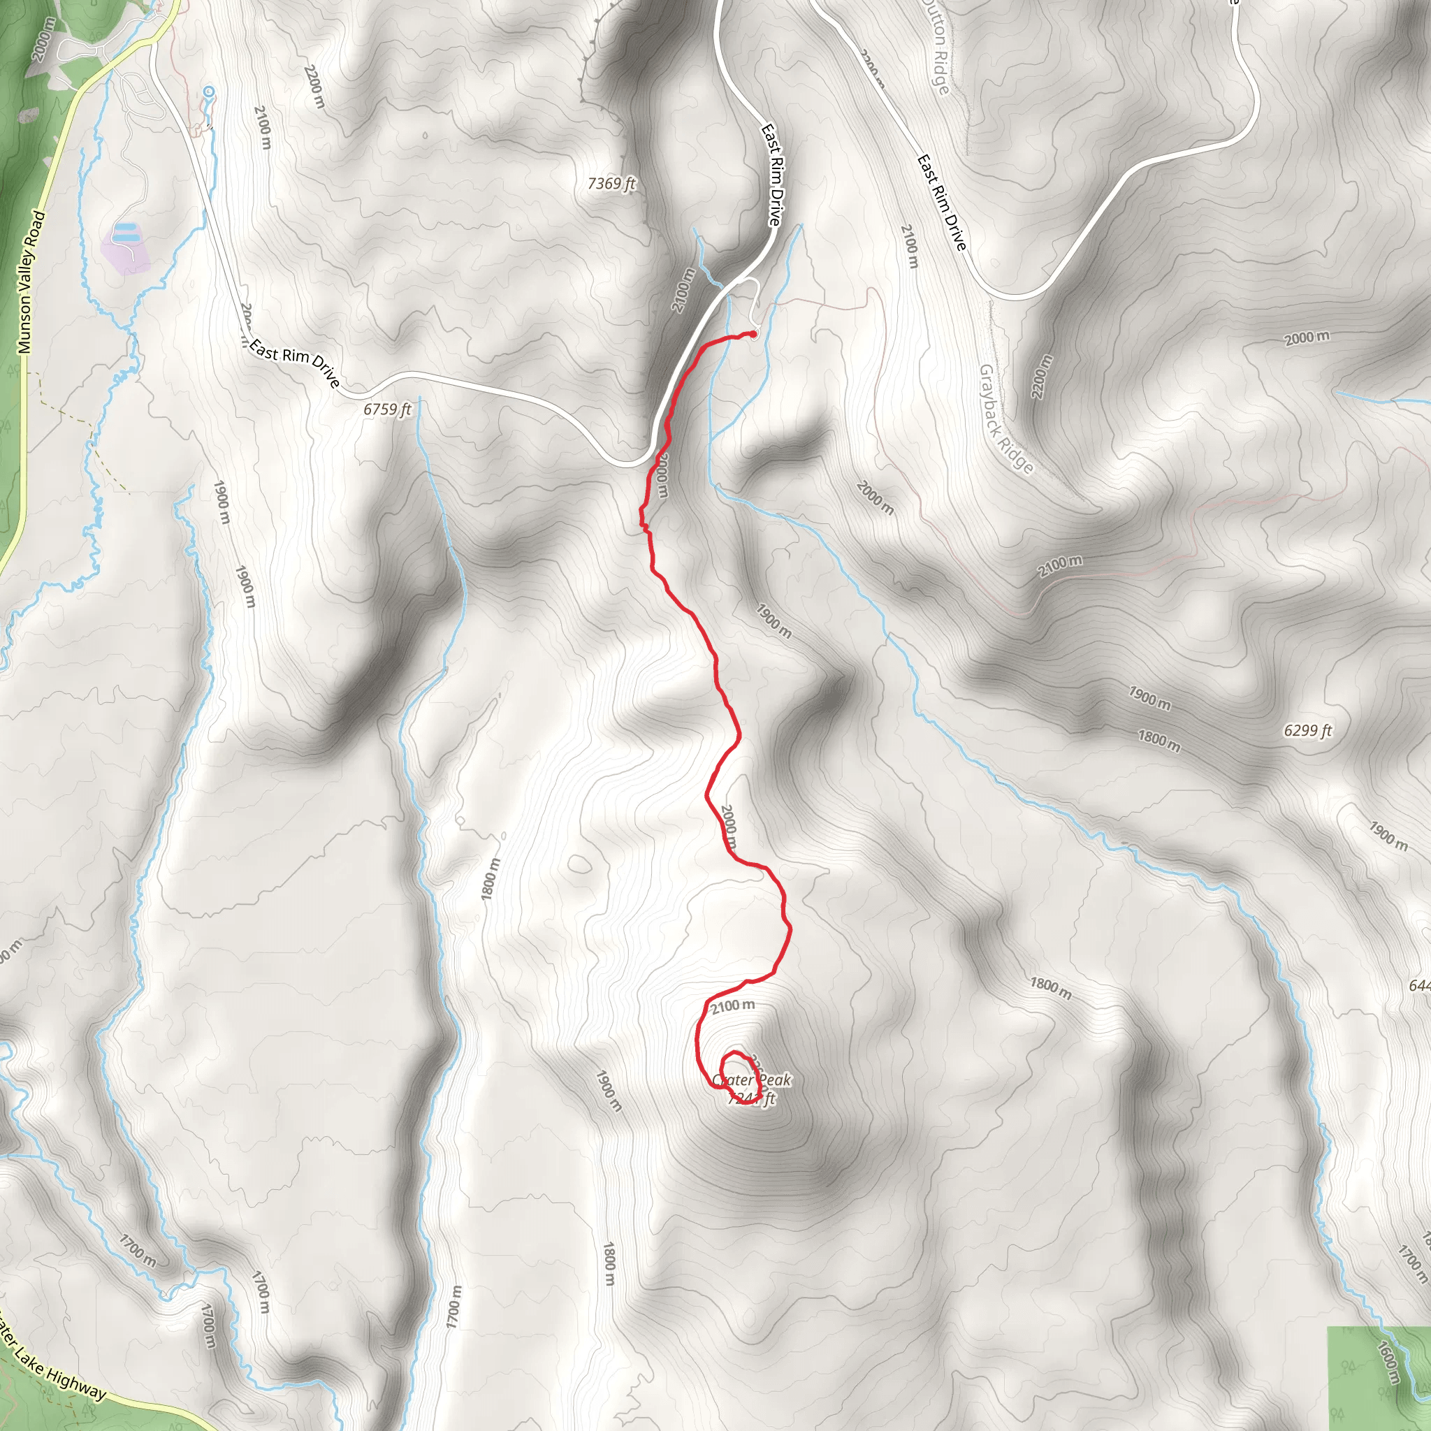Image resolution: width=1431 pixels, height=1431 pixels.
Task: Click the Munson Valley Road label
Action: (31, 282)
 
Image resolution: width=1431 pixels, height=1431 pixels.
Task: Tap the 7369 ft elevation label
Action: (611, 183)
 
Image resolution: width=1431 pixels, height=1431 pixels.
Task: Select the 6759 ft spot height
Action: (386, 409)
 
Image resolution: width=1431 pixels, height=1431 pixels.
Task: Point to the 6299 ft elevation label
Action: (1307, 731)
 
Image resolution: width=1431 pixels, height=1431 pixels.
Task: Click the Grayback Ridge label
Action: (1005, 419)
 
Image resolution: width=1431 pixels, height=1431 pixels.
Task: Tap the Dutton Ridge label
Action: (936, 47)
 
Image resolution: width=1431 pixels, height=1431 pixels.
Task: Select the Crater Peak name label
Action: (751, 1080)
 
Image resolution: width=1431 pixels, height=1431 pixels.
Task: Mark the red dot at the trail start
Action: (753, 335)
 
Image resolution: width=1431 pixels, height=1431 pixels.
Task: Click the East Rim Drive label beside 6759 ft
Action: (295, 362)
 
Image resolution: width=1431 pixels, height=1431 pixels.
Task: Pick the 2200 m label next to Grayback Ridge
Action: (1040, 377)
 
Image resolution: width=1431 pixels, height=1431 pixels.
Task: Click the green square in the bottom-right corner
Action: (1378, 1378)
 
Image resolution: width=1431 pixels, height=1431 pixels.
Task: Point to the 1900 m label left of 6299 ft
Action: (1149, 698)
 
